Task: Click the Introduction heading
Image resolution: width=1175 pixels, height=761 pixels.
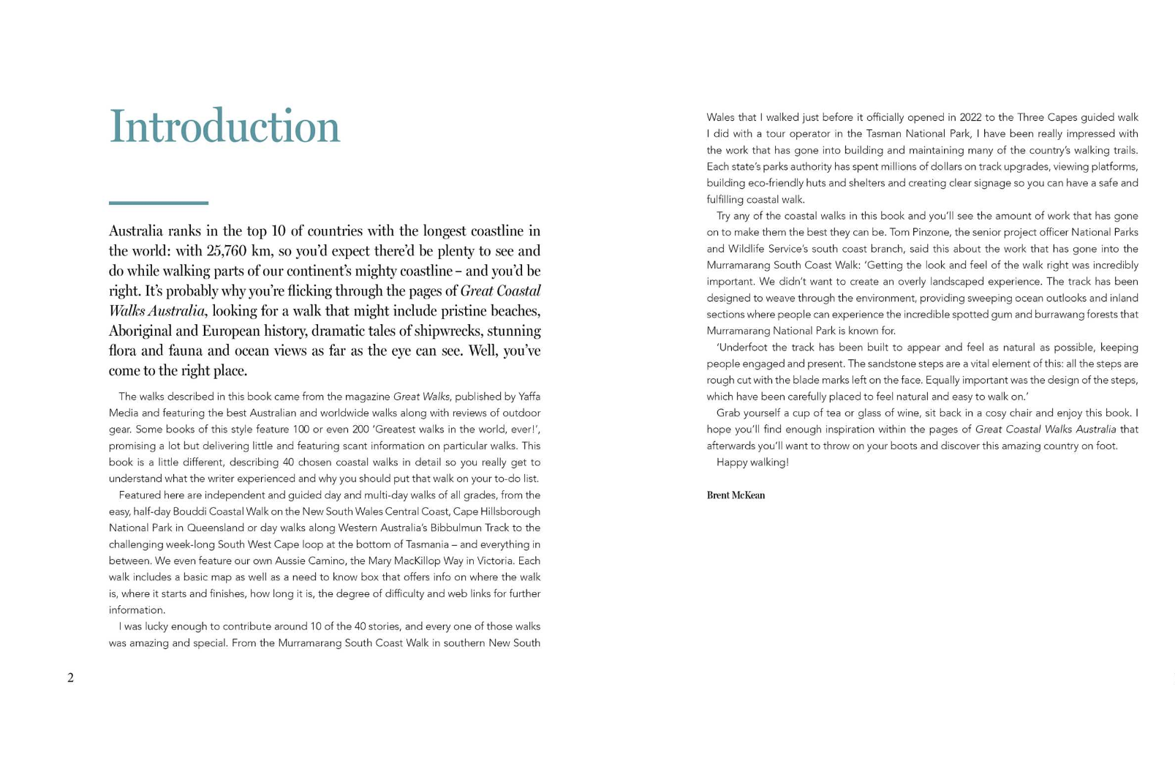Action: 224,127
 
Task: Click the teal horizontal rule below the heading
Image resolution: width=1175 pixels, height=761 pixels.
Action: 158,203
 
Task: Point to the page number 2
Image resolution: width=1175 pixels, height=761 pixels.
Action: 70,678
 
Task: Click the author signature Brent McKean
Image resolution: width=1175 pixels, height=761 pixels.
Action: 736,495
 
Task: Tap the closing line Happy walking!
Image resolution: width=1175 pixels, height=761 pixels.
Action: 752,462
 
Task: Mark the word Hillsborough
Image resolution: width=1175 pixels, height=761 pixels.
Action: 510,511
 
